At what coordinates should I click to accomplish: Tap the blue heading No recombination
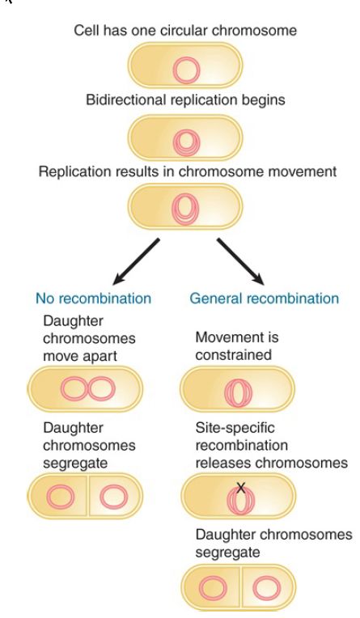pyautogui.click(x=94, y=298)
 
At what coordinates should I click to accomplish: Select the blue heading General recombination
pyautogui.click(x=265, y=298)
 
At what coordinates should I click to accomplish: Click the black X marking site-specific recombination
pyautogui.click(x=240, y=489)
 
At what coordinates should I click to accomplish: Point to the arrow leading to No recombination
pyautogui.click(x=136, y=261)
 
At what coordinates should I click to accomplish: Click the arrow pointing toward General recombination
pyautogui.click(x=240, y=261)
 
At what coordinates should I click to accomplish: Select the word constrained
pyautogui.click(x=234, y=355)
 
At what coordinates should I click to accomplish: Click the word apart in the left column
pyautogui.click(x=100, y=356)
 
